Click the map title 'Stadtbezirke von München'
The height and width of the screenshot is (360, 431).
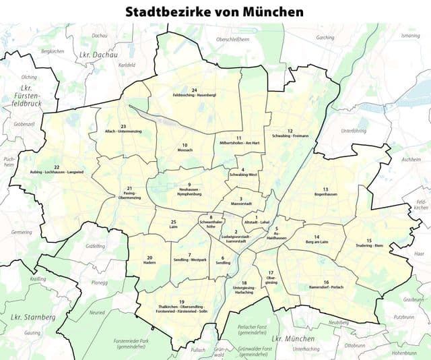[215, 11]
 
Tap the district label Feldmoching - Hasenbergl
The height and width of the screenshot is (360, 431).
[194, 95]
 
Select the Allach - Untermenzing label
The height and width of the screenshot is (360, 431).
[123, 130]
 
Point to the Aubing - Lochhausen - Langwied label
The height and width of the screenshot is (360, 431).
[57, 172]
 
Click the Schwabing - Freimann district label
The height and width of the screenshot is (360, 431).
[290, 136]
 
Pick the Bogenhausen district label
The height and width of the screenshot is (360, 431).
[325, 194]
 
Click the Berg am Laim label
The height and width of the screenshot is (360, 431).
[317, 241]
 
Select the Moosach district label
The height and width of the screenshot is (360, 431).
[185, 150]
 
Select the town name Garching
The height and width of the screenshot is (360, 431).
[325, 38]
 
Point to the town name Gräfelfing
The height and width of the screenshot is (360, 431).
[96, 246]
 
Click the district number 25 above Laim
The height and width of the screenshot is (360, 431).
[173, 222]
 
